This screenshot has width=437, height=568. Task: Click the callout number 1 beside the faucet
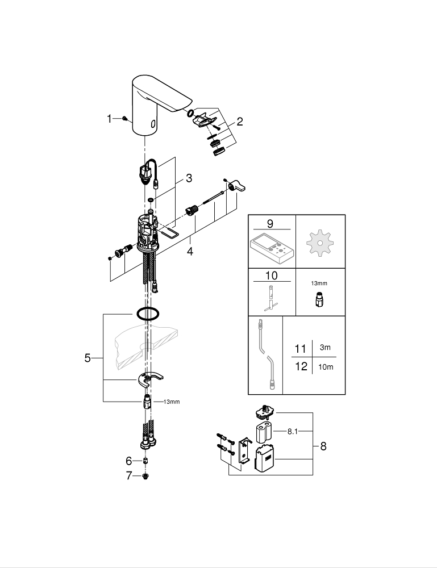click(109, 119)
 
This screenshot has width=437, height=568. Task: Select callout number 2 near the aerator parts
click(240, 121)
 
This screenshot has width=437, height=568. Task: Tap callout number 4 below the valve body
click(190, 250)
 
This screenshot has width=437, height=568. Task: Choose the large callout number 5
click(88, 358)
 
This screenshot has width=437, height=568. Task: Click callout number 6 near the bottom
click(128, 461)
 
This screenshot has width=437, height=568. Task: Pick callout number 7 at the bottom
click(128, 475)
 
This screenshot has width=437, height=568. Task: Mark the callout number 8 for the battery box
click(323, 446)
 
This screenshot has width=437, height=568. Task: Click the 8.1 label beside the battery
click(292, 432)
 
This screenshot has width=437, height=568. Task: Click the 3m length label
click(324, 348)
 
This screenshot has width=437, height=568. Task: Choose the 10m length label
click(326, 366)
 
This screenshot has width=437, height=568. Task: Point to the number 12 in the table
click(301, 366)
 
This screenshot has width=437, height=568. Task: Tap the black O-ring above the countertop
click(146, 313)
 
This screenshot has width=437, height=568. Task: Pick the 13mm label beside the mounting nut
click(171, 402)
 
